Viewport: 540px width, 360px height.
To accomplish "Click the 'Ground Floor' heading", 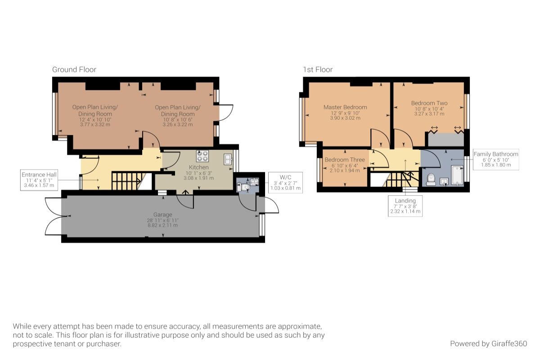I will tap(74, 70).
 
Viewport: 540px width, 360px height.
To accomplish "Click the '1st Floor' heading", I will tap(318, 70).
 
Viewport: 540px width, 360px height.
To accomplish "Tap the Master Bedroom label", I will tap(345, 107).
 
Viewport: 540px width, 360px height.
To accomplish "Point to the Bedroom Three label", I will tap(345, 160).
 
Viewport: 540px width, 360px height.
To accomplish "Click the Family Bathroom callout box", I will tap(495, 160).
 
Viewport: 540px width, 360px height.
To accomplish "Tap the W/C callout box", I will tap(285, 182).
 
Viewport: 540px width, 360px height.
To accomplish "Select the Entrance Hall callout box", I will tap(38, 180).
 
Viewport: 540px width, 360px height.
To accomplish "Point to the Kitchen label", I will tap(198, 167).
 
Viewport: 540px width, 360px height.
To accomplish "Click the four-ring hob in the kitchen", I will tap(202, 156).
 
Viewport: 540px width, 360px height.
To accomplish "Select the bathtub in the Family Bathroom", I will tap(456, 176).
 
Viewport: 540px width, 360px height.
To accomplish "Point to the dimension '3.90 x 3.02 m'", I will tap(345, 118).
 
